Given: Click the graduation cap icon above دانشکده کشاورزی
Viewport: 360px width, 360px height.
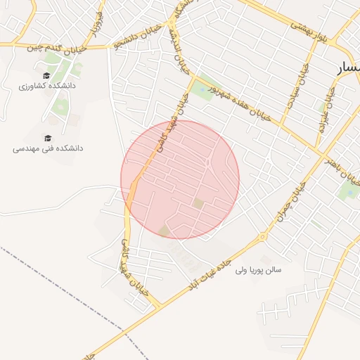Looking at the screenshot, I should tap(46, 75).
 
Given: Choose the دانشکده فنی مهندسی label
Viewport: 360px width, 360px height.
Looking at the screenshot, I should tap(48, 148).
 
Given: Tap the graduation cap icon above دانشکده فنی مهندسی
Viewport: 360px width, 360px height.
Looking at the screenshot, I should tap(48, 138).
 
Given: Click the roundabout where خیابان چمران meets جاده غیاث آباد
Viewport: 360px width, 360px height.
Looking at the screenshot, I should tap(263, 236).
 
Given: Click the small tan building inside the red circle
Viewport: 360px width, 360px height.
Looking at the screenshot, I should tap(198, 203).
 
